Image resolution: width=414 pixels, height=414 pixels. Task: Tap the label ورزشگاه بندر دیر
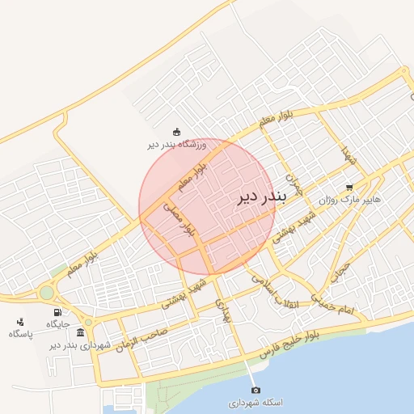click(x=177, y=145)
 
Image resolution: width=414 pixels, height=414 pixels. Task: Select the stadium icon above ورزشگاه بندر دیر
click(x=177, y=132)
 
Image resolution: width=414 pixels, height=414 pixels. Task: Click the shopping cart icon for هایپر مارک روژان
click(x=349, y=186)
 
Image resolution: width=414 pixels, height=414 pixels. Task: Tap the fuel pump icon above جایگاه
click(x=57, y=312)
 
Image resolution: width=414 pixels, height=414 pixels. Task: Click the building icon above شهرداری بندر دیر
click(x=80, y=332)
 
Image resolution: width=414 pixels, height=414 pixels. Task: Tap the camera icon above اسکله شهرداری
click(x=256, y=391)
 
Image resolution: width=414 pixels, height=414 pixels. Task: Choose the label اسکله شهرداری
click(x=256, y=403)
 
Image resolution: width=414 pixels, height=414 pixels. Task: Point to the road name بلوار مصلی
click(x=180, y=218)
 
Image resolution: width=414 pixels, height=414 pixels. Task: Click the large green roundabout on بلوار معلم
click(x=46, y=293)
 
